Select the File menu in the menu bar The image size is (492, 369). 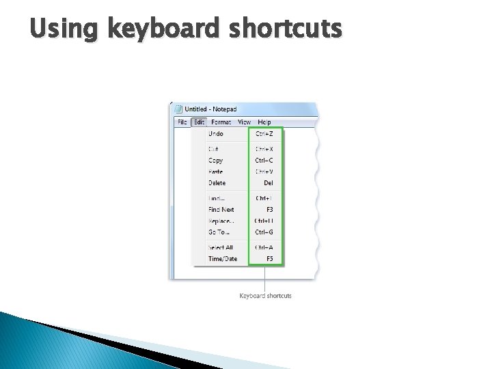(182, 122)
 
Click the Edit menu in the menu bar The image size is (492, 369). (199, 122)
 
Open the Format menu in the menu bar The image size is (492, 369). (221, 122)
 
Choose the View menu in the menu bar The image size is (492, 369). (244, 122)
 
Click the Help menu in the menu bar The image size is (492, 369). (264, 122)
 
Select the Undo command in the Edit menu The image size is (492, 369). (216, 134)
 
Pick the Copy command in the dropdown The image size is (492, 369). (216, 161)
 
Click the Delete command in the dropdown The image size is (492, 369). (217, 183)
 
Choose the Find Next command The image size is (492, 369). (221, 210)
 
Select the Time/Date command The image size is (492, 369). (223, 259)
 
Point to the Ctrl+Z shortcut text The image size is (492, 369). (264, 134)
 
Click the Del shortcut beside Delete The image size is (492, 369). (269, 183)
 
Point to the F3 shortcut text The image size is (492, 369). (269, 210)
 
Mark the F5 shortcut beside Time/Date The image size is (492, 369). (269, 259)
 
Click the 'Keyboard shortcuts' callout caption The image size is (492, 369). (265, 296)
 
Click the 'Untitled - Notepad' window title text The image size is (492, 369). (211, 109)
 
